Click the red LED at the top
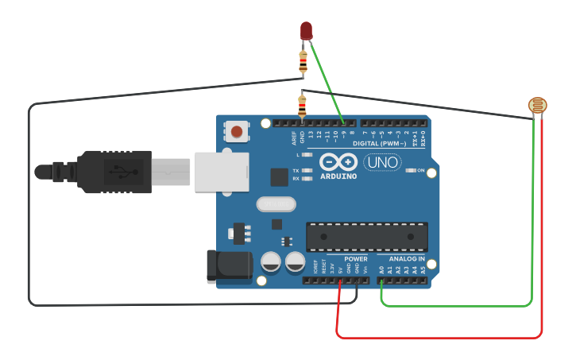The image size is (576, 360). tap(307, 30)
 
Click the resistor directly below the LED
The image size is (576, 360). tap(303, 61)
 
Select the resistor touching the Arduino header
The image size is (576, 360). tap(302, 105)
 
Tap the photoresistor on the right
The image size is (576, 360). tap(538, 105)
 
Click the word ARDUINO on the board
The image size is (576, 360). tap(338, 176)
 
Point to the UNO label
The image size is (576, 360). tap(382, 163)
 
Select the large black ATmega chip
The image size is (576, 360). tap(367, 236)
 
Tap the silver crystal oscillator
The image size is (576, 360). tap(276, 204)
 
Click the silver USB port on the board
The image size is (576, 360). tap(221, 172)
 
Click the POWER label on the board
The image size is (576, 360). tap(356, 259)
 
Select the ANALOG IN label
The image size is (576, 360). tap(406, 259)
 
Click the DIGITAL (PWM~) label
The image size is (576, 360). tap(379, 143)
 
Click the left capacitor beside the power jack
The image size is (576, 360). tap(271, 261)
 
